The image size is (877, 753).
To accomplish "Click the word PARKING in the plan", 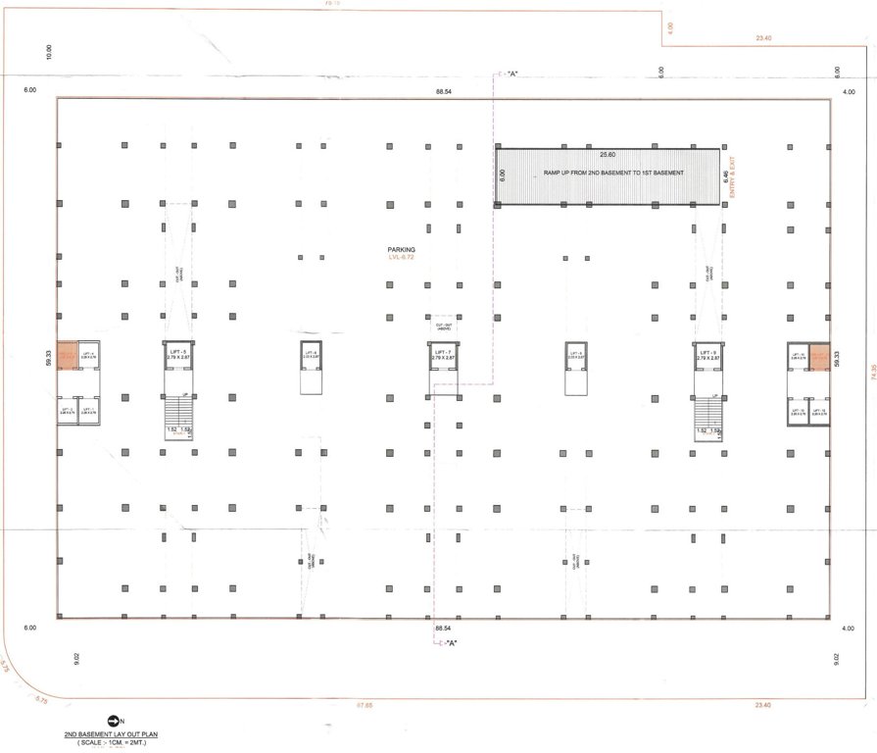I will (402, 250).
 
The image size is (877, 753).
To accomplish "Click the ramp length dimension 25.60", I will (608, 155).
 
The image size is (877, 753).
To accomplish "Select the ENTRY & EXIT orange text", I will (732, 176).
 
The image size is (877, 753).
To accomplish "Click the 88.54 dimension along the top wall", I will (444, 91).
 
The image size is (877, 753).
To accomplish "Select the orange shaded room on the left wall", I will (67, 356).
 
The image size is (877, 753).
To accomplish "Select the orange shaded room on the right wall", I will (819, 356).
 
